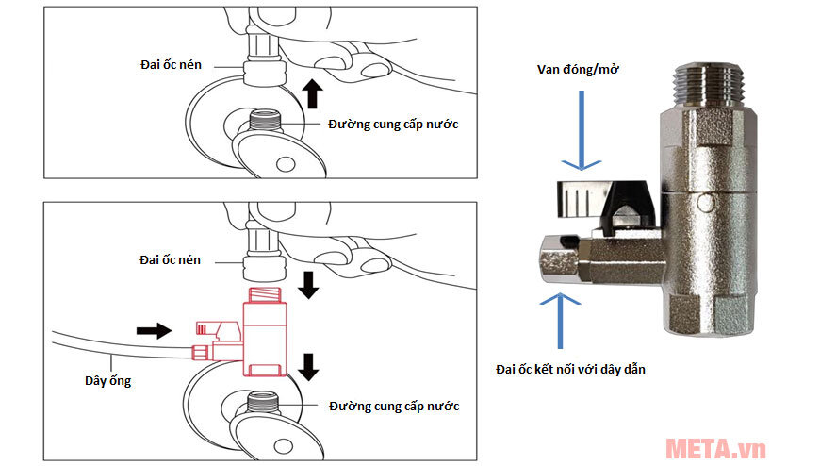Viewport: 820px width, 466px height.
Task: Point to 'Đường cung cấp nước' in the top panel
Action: (393, 125)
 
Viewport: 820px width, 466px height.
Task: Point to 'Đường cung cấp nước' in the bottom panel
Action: (394, 407)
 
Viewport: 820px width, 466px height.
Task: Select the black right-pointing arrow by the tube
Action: (154, 330)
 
